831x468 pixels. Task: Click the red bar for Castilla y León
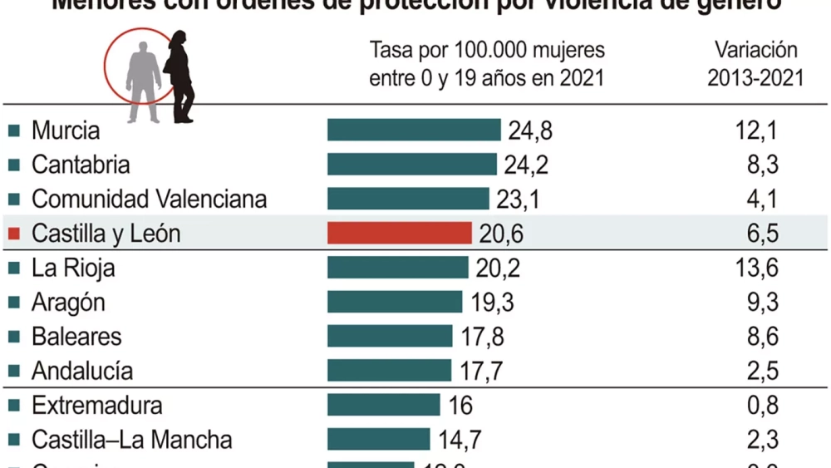[400, 234]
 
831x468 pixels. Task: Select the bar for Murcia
[414, 131]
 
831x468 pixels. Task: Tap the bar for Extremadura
[383, 405]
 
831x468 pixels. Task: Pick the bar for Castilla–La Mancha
[378, 439]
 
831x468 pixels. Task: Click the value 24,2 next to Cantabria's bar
[526, 165]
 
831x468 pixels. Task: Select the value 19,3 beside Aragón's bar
[491, 303]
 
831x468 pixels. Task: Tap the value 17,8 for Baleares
[481, 337]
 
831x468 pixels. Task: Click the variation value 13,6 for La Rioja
[757, 268]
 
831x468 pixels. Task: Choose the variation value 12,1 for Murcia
[757, 131]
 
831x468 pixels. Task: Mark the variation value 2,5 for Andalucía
[762, 371]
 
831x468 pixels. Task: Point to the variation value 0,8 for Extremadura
[762, 405]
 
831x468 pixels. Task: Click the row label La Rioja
[73, 268]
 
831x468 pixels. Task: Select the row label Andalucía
[82, 371]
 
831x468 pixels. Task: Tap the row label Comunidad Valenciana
[150, 200]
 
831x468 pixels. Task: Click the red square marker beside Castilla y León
[13, 234]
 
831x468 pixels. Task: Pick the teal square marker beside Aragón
[13, 303]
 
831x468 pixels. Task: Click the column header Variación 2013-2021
[755, 64]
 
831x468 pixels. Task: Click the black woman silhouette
[180, 76]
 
